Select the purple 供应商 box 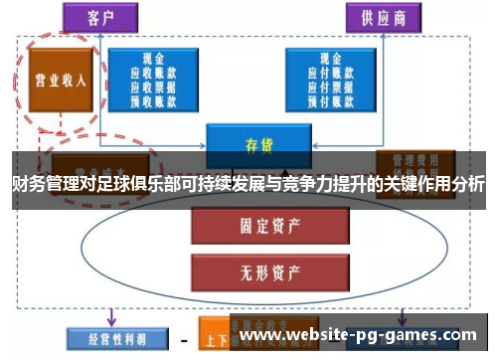coord(382,18)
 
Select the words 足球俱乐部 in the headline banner coord(139,184)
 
